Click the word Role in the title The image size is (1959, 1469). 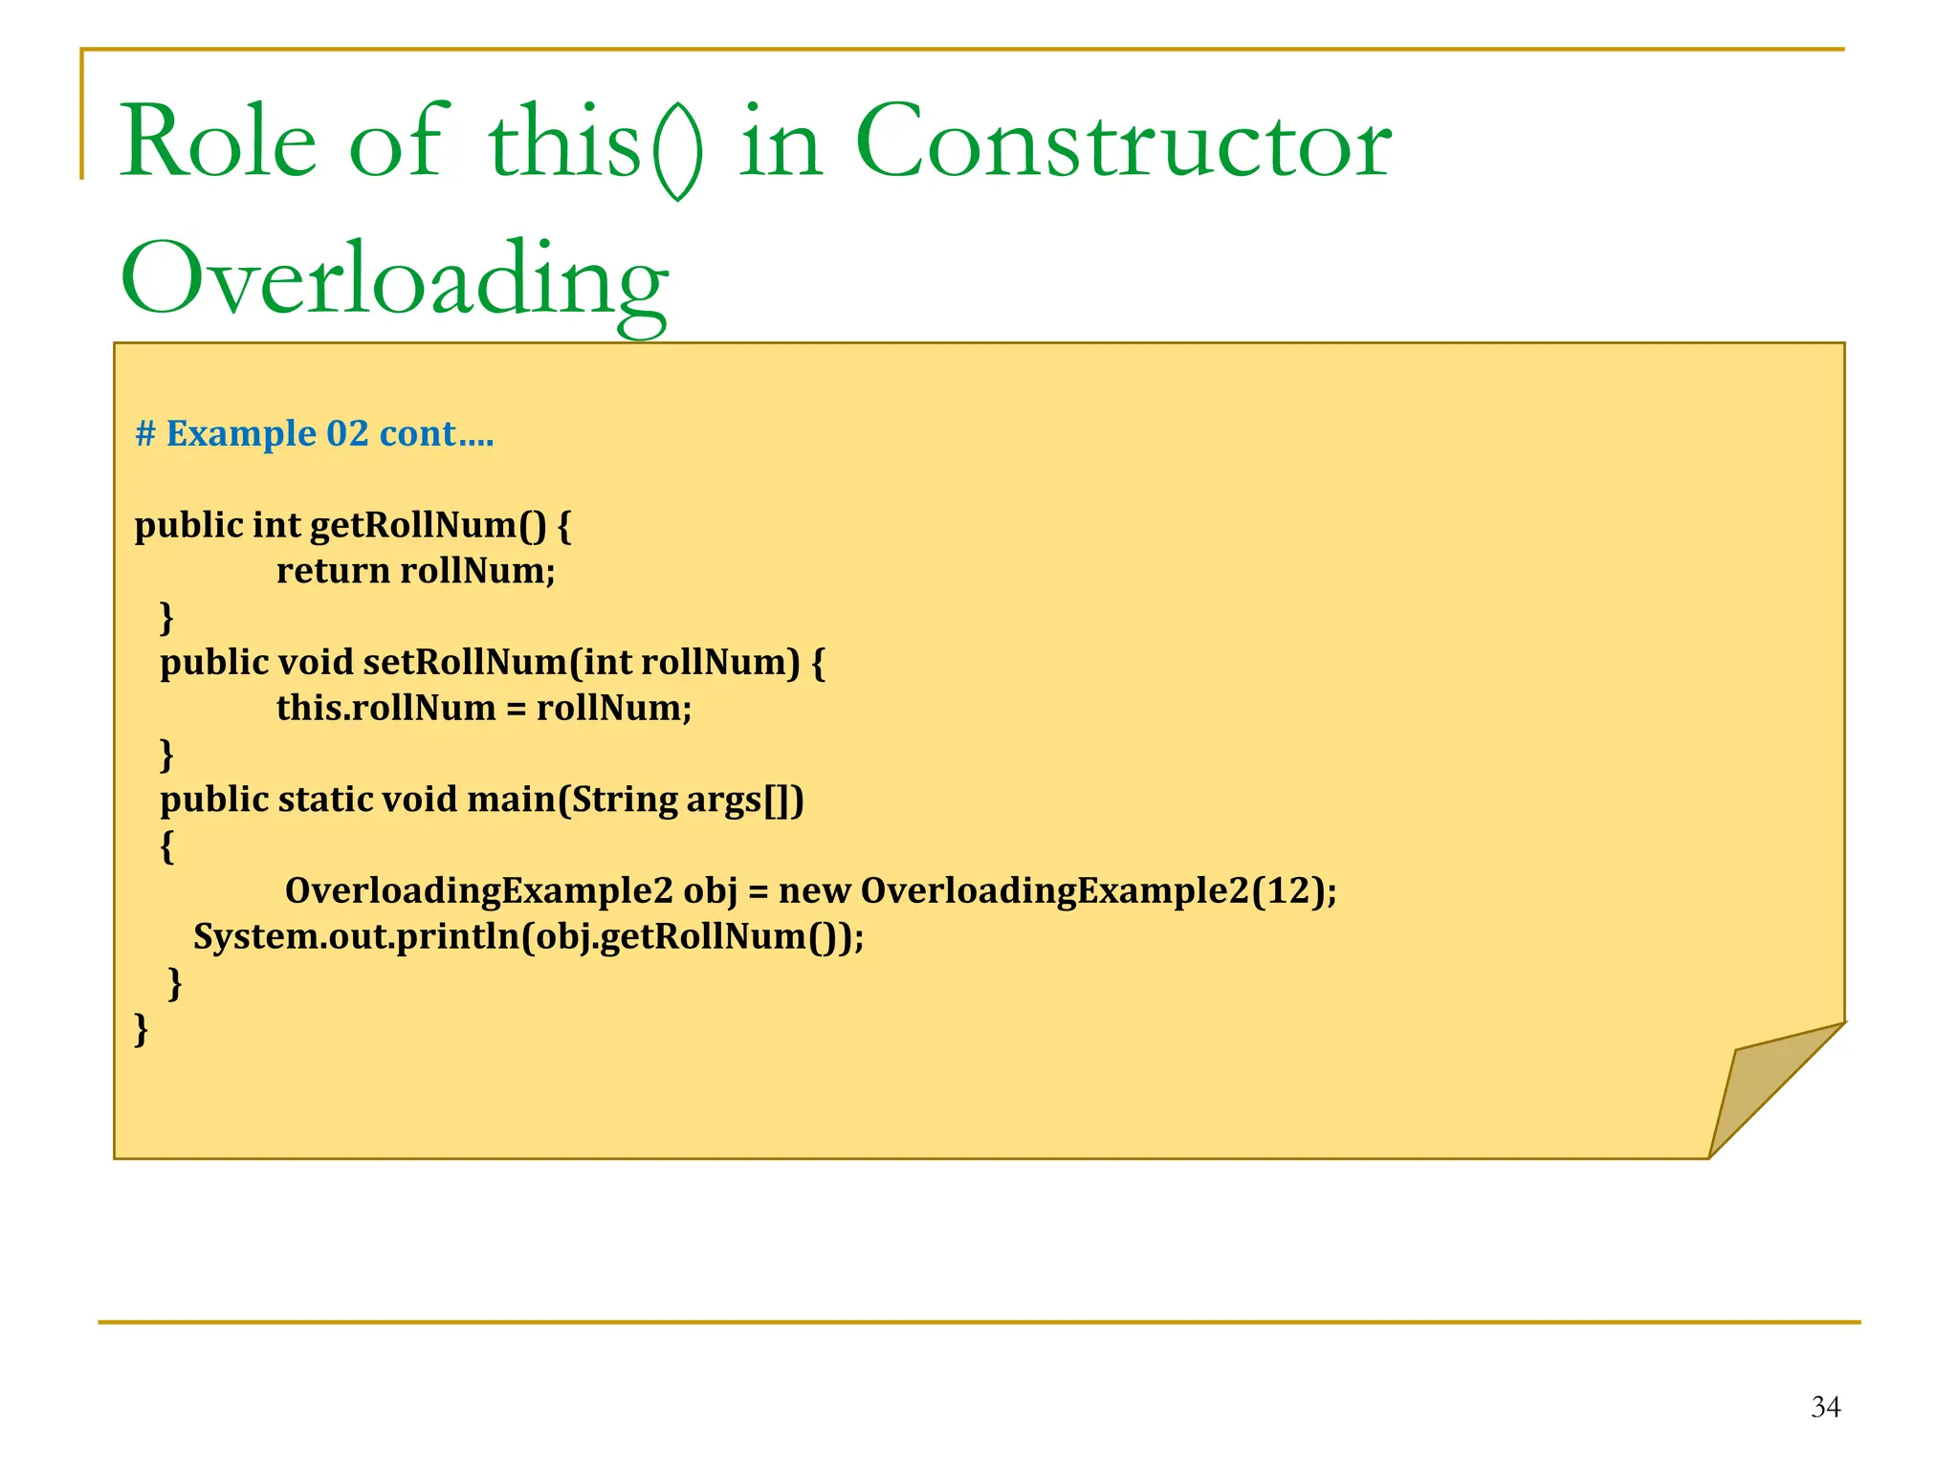[217, 143]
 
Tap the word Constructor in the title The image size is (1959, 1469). [1123, 143]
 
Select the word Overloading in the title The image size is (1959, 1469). [393, 279]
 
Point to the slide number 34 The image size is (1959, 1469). [1825, 1407]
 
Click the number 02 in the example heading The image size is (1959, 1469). [347, 434]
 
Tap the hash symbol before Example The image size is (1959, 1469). [145, 434]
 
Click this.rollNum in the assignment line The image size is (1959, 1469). [385, 709]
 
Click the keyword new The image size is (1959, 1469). [814, 891]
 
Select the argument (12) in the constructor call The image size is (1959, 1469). [1288, 891]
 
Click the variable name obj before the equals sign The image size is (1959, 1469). [711, 891]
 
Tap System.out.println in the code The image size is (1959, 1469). [357, 936]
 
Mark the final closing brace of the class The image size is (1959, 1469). [142, 1029]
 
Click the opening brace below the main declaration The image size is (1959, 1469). [167, 845]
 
